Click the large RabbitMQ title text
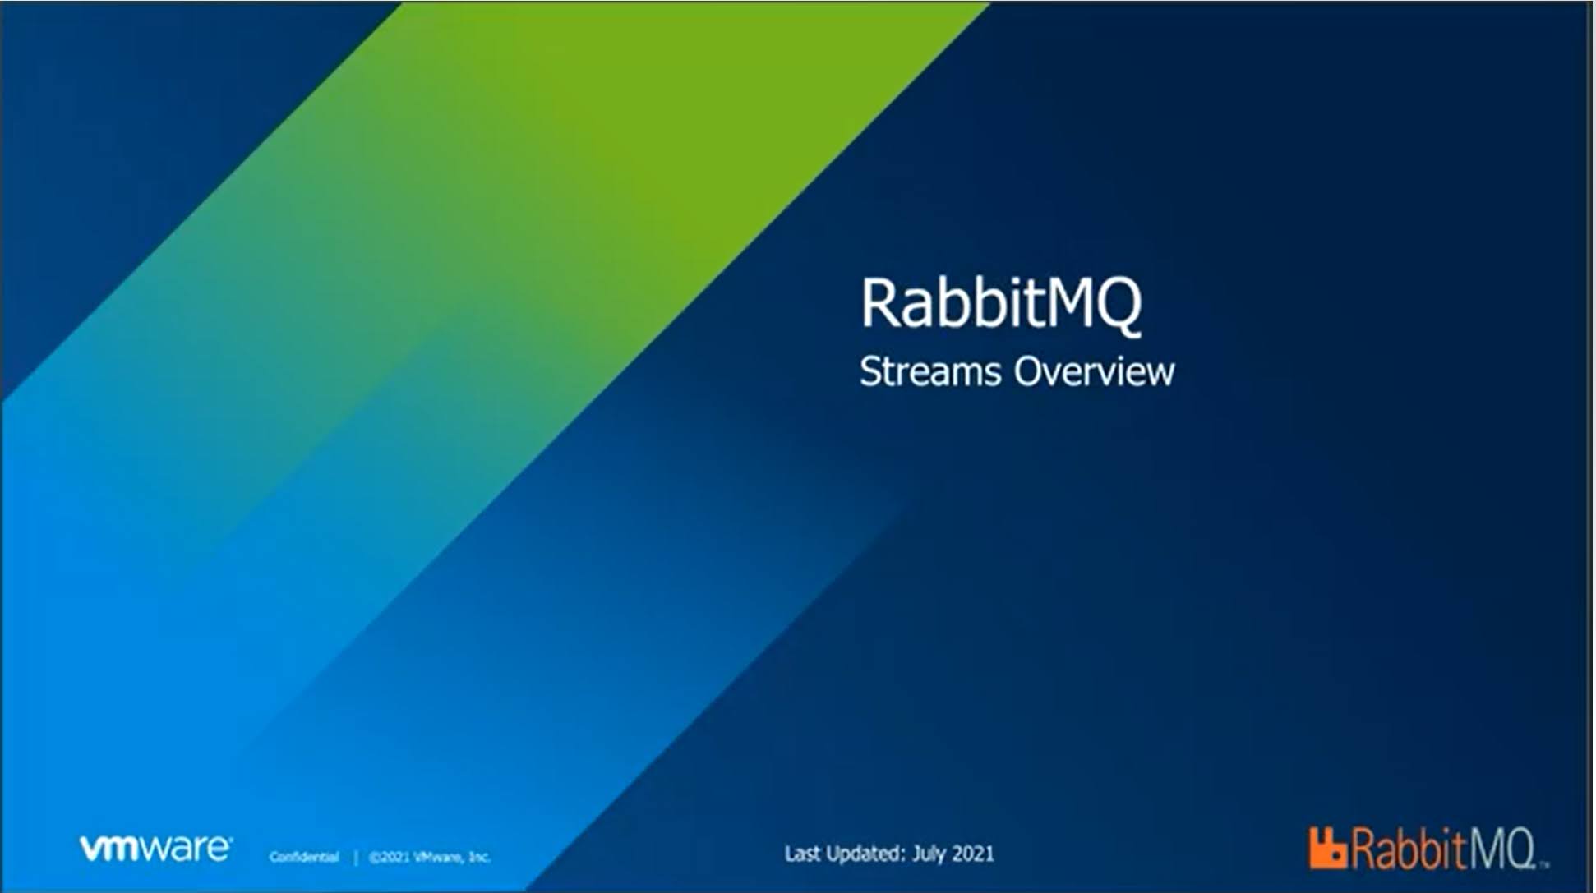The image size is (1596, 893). coord(1001,304)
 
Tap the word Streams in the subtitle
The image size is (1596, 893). coord(930,371)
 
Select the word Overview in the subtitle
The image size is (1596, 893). coord(1095,371)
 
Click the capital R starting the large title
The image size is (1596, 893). coord(879,302)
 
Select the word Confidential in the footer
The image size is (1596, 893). coord(304,857)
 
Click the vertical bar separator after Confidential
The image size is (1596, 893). coord(356,858)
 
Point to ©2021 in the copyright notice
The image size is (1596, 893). coord(389,857)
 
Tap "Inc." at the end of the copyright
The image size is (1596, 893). coord(479,857)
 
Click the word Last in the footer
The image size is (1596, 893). coord(803,854)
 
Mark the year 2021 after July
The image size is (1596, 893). coord(973,854)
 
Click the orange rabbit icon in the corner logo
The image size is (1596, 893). coord(1327,848)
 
